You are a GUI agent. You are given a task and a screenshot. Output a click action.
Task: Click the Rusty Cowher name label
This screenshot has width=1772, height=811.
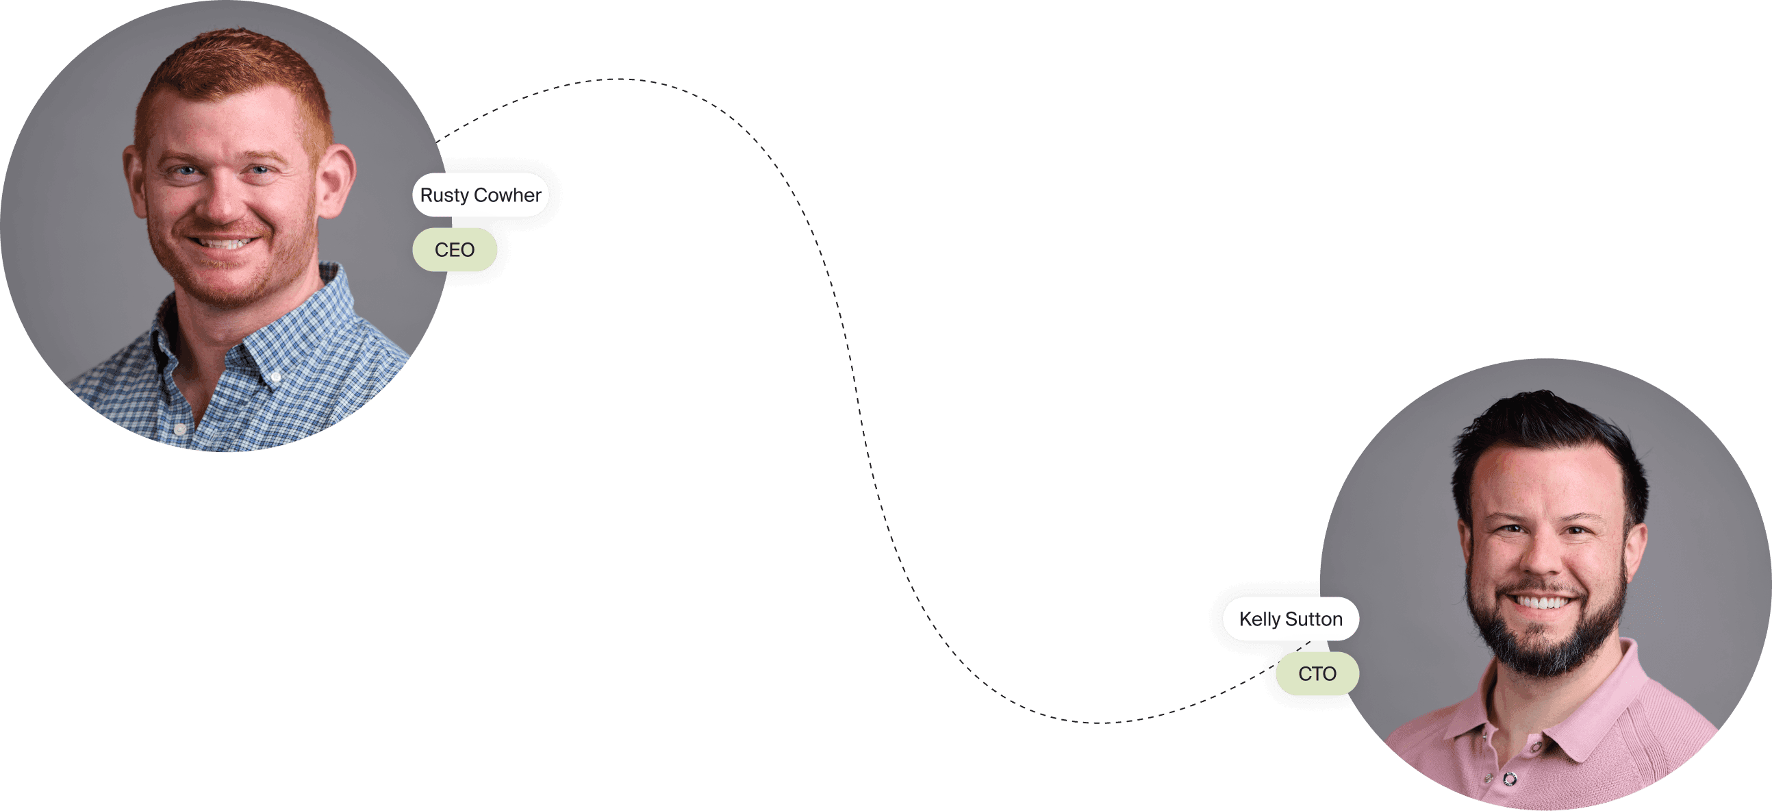point(480,195)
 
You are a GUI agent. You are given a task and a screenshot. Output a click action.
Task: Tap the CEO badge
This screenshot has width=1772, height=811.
point(454,250)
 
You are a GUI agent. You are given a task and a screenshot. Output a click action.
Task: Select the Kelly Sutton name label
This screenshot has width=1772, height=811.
point(1290,619)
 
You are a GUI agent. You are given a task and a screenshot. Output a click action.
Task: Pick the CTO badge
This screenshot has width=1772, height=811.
point(1317,673)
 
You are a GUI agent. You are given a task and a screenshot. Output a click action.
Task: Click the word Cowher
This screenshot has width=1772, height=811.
point(507,195)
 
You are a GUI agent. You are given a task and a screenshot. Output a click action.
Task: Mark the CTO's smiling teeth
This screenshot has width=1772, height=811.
point(1542,603)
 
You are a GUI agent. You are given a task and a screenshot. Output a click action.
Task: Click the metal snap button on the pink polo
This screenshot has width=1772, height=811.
point(1510,779)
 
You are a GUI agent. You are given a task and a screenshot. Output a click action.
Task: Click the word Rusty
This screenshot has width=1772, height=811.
point(444,195)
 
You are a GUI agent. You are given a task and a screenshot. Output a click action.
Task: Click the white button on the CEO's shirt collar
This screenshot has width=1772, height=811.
point(276,377)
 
